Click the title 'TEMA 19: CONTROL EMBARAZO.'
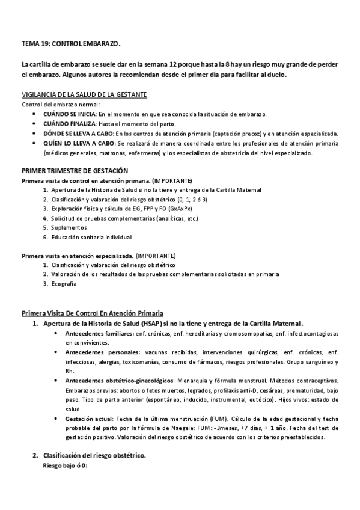click(71, 45)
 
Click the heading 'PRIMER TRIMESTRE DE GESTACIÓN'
click(75, 171)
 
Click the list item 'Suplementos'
click(69, 227)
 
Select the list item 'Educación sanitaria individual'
click(91, 237)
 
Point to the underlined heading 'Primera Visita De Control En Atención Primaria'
click(92, 313)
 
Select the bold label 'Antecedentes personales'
click(99, 351)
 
